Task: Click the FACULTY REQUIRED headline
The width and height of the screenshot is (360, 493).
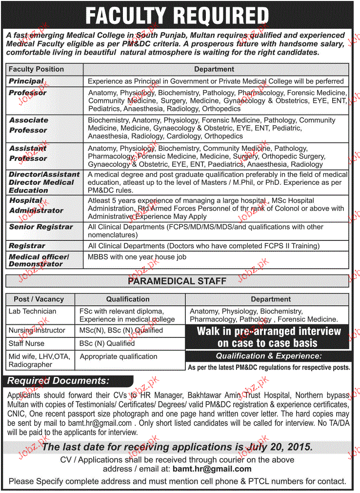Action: (x=177, y=16)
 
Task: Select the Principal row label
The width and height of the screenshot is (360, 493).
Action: (x=26, y=81)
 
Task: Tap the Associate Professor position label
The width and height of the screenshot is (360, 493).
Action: (x=29, y=125)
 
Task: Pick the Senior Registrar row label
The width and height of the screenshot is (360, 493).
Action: (x=40, y=227)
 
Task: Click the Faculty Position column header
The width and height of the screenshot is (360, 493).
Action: (x=36, y=69)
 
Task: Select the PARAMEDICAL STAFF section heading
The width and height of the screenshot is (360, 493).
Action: (x=177, y=281)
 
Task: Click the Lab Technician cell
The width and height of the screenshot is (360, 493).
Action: (x=32, y=311)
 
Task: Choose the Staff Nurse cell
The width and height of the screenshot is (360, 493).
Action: (x=26, y=343)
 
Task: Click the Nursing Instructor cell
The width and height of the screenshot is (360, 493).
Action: (x=37, y=330)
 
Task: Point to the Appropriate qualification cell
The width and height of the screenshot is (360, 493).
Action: (x=119, y=356)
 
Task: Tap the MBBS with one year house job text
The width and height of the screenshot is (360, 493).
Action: (x=137, y=256)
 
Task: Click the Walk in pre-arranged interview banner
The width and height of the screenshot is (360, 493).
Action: (x=268, y=337)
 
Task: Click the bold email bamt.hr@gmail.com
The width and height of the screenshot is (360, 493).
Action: (x=212, y=469)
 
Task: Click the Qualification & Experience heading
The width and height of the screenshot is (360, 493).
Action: (x=269, y=356)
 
